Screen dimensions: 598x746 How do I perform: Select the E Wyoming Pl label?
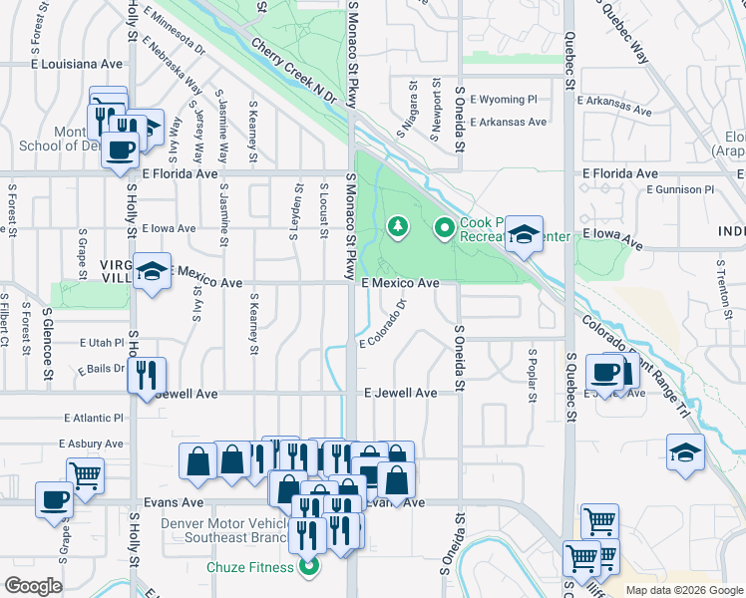[x=503, y=100]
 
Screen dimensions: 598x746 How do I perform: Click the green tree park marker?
[x=398, y=228]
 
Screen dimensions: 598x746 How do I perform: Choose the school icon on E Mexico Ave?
[x=153, y=271]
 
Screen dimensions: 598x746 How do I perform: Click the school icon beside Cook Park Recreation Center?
[x=524, y=235]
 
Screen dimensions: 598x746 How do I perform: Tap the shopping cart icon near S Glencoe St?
[x=85, y=474]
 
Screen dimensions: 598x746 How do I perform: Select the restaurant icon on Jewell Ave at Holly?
[x=148, y=376]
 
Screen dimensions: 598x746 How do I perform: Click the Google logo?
[x=33, y=585]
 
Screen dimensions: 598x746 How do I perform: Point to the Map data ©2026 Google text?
[x=683, y=590]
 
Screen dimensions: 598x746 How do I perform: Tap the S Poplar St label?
[x=533, y=370]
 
